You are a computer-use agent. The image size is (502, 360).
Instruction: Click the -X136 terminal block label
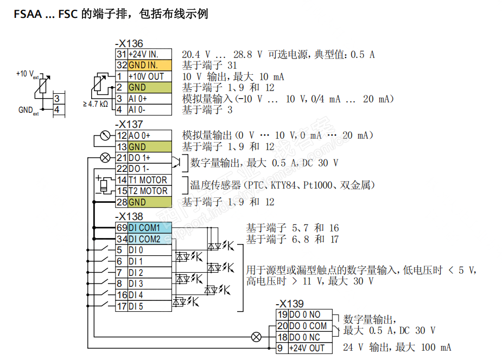click(x=129, y=44)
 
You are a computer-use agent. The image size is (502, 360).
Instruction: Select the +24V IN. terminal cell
click(x=149, y=54)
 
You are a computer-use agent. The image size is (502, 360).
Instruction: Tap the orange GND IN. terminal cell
click(x=149, y=65)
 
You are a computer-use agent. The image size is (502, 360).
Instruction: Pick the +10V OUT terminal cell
click(x=149, y=76)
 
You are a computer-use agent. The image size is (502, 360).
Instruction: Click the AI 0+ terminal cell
click(x=149, y=99)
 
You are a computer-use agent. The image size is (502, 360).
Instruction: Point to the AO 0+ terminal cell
click(x=149, y=136)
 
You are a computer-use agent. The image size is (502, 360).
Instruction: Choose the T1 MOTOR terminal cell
click(x=149, y=180)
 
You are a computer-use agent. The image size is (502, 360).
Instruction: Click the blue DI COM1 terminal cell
click(x=149, y=228)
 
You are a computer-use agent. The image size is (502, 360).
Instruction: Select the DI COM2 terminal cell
click(x=149, y=239)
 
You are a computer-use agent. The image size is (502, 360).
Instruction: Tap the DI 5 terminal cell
click(x=149, y=306)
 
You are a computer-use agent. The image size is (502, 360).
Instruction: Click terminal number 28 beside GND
click(x=121, y=202)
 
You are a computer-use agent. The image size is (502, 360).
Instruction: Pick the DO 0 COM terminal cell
click(x=310, y=326)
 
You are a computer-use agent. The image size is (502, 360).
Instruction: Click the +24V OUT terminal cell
click(x=310, y=348)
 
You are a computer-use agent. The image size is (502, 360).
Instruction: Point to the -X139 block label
click(x=290, y=304)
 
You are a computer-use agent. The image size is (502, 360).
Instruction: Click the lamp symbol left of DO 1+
click(x=105, y=158)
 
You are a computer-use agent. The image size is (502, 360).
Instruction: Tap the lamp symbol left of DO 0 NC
click(x=256, y=337)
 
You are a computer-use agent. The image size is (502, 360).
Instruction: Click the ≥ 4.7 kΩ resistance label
click(x=96, y=104)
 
